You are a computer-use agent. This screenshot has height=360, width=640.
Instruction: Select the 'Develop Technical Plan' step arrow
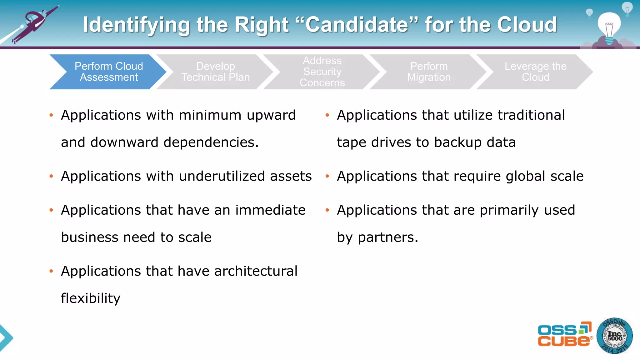(x=216, y=72)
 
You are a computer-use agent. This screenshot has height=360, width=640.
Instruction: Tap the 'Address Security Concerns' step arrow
(x=322, y=72)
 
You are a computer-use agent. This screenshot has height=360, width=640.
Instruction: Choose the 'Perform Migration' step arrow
(x=429, y=72)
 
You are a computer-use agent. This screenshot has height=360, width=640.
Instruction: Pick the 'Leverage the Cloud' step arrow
(x=535, y=72)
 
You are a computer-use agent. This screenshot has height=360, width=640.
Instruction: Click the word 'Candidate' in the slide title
(x=357, y=25)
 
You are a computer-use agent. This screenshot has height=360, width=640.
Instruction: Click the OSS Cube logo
(x=564, y=335)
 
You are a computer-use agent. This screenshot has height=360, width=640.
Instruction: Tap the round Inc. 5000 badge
(x=614, y=336)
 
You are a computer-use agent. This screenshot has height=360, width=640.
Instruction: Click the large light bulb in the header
(x=609, y=27)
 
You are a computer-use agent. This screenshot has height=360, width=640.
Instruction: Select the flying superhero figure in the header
(x=34, y=23)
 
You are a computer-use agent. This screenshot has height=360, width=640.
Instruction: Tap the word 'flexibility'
(x=91, y=298)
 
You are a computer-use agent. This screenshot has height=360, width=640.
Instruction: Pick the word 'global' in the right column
(x=526, y=177)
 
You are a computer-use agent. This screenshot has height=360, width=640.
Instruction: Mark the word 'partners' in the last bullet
(x=386, y=238)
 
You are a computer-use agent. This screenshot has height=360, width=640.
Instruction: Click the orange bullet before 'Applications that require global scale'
(x=327, y=176)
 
